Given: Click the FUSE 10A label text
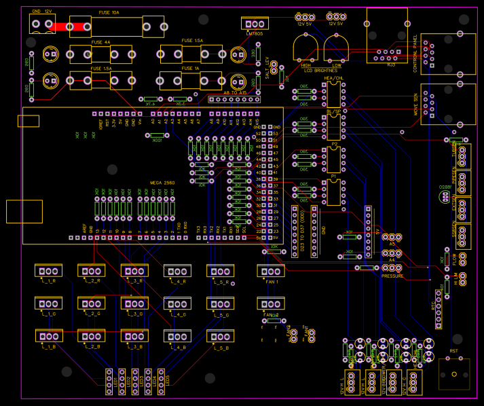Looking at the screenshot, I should tap(109, 13).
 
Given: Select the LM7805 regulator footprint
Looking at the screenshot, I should tap(255, 23).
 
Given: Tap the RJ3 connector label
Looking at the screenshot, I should tap(391, 64).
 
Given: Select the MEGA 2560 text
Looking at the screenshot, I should tap(162, 183).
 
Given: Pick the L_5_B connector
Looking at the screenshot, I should tap(220, 336).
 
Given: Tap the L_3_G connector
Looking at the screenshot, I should tap(135, 303).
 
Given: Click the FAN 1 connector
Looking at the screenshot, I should tap(271, 271).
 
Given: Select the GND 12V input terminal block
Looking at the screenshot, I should tap(42, 24).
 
